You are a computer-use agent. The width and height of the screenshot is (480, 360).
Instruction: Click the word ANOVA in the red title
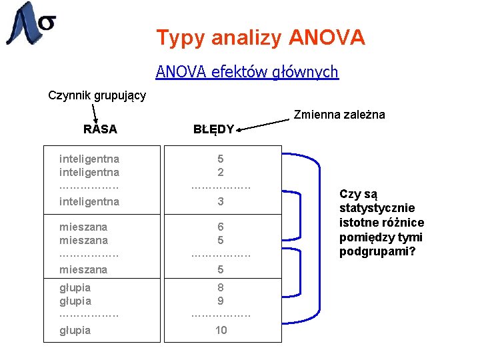click(327, 37)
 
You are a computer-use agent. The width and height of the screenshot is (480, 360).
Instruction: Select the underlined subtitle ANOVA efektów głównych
click(247, 71)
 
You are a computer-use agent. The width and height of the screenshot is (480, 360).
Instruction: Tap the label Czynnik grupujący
click(97, 95)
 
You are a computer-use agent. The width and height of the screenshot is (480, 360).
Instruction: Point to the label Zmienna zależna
click(340, 115)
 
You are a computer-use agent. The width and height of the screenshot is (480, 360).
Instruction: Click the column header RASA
click(100, 129)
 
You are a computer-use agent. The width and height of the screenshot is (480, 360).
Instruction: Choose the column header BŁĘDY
click(213, 129)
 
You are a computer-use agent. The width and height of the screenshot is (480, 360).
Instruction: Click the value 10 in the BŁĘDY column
click(221, 330)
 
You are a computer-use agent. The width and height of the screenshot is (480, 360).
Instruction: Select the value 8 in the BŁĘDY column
click(221, 287)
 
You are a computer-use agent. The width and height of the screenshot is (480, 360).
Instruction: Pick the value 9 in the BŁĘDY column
click(221, 301)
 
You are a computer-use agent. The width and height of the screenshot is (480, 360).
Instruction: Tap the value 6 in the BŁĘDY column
click(221, 227)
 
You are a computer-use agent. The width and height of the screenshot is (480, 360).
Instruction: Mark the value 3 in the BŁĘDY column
click(221, 201)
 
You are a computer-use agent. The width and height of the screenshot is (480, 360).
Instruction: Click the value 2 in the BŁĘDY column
click(221, 172)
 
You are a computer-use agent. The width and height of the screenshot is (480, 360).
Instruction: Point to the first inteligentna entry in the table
click(89, 159)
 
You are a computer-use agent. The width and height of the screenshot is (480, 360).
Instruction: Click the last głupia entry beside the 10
click(75, 330)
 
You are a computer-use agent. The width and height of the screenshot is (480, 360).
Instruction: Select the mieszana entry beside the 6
click(83, 227)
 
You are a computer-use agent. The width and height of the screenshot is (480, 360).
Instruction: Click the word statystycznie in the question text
click(377, 208)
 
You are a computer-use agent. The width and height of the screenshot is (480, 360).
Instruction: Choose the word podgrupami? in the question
click(377, 251)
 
